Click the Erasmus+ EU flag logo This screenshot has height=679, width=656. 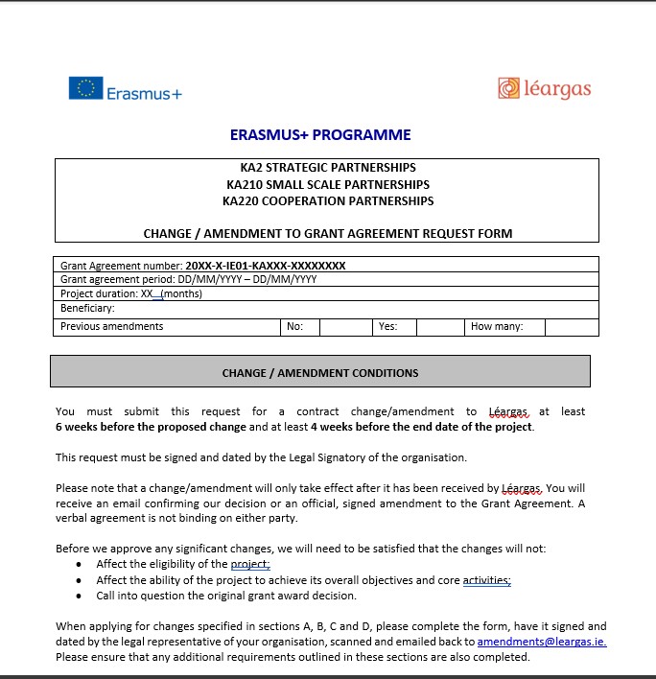86,88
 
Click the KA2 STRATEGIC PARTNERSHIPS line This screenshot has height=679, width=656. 327,167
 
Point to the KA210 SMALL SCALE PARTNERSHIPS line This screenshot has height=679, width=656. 327,184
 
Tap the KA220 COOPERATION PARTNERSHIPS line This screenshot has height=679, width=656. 327,201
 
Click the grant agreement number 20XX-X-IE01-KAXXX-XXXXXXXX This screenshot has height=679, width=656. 266,266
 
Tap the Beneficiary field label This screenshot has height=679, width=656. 87,309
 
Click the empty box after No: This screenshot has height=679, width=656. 345,327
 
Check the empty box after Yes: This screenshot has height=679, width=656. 440,327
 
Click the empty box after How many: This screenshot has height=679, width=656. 572,327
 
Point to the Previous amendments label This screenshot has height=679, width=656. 111,327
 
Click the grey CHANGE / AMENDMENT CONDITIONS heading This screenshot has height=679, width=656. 320,373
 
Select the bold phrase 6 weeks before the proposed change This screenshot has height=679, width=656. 152,427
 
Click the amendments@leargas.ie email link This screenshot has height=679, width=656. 541,642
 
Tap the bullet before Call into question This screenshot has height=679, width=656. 79,596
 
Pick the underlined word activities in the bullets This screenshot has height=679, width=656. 486,580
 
